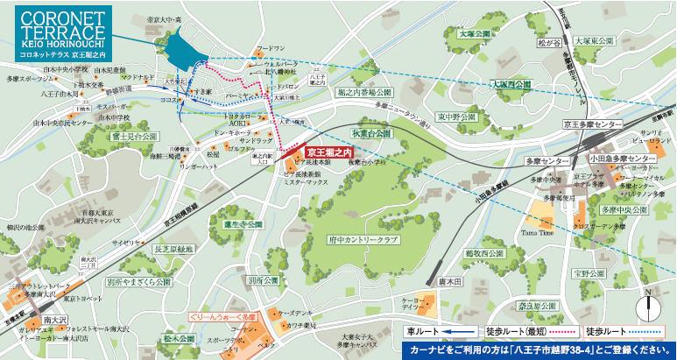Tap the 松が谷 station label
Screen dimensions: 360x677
(x=548, y=40)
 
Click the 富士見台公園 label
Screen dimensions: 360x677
(x=134, y=137)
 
